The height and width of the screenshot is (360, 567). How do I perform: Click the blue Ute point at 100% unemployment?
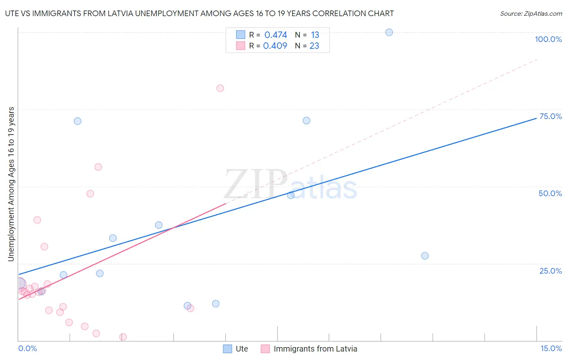(389, 32)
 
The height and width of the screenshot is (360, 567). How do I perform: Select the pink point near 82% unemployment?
(220, 88)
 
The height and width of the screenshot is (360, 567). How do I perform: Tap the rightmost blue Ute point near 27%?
(425, 256)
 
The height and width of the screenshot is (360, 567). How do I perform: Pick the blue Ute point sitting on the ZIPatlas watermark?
(291, 195)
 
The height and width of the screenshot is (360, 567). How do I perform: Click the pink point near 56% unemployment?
(98, 167)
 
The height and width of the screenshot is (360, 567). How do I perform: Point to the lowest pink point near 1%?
(123, 337)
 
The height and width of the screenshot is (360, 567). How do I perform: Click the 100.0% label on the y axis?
(548, 39)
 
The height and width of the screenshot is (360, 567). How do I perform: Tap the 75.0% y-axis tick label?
(550, 116)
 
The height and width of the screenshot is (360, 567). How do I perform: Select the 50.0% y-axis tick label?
(550, 193)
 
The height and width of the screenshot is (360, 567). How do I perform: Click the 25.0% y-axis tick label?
(550, 271)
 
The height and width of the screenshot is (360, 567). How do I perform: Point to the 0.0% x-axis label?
(27, 348)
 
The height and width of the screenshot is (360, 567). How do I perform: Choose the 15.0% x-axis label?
(551, 348)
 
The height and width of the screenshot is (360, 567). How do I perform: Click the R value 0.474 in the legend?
(275, 35)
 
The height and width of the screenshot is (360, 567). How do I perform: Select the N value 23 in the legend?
(314, 46)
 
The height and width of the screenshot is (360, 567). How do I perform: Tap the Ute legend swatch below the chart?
(227, 349)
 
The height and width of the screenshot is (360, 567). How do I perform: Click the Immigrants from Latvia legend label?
(315, 349)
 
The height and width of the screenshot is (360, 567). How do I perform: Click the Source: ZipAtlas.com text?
(531, 14)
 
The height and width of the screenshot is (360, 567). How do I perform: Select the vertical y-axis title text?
(11, 184)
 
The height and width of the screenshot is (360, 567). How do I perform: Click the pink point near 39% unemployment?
(37, 220)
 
